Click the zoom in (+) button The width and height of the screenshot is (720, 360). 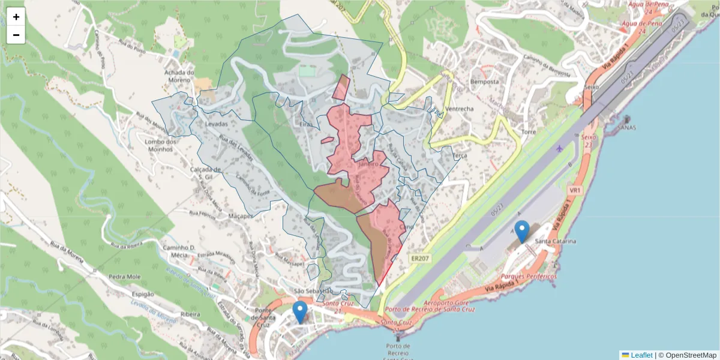(x=16, y=17)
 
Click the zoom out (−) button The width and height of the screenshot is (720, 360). (x=16, y=35)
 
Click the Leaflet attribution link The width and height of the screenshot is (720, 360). (x=641, y=355)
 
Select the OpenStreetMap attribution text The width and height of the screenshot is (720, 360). (x=691, y=355)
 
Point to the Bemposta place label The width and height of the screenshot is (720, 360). (x=485, y=81)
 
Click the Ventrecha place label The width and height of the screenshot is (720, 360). (x=460, y=109)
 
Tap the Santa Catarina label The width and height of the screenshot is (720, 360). (x=556, y=241)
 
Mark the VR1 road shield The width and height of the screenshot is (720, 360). (x=575, y=190)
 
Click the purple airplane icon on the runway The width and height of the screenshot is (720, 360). (x=560, y=148)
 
